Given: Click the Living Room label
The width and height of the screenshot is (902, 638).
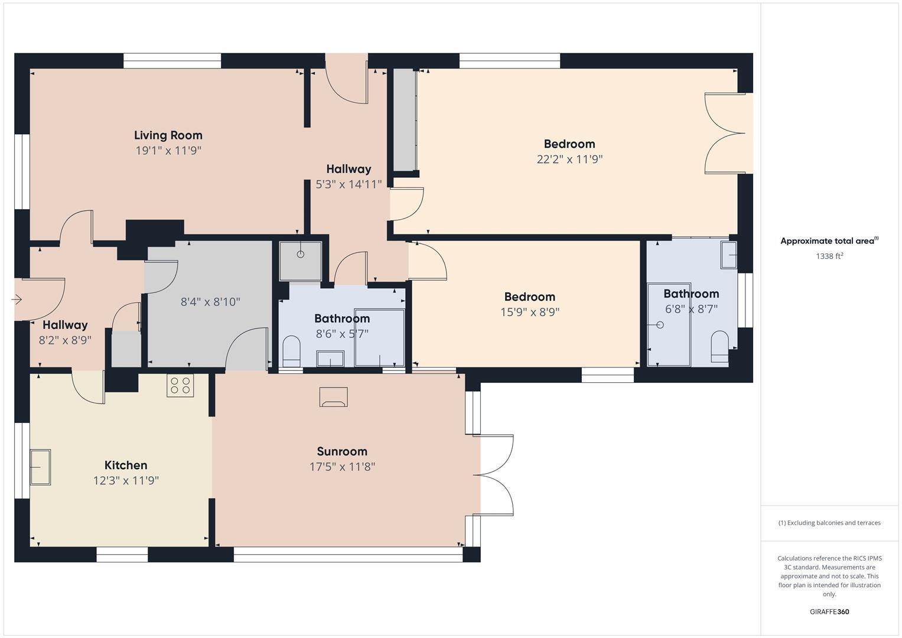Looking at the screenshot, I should click(x=168, y=135).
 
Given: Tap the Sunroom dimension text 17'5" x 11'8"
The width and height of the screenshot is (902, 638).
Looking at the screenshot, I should click(x=342, y=467).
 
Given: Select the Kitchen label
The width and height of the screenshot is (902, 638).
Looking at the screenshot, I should click(x=126, y=466).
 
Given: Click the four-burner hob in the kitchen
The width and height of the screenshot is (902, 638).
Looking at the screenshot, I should click(x=180, y=385).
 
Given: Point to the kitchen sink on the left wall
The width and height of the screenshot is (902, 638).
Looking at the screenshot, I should click(x=40, y=467).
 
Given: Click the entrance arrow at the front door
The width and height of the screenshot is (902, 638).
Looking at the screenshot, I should click(x=17, y=300).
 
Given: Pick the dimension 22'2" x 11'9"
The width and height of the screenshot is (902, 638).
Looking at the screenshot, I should click(x=569, y=159).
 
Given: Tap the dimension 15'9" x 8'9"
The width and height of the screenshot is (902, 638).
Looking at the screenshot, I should click(x=529, y=312).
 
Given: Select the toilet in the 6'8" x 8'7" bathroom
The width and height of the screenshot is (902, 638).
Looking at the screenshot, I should click(x=719, y=347).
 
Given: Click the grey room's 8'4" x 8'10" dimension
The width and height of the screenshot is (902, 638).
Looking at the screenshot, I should click(x=210, y=302).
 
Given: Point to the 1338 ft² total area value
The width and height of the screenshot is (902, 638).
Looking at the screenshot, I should click(x=829, y=256).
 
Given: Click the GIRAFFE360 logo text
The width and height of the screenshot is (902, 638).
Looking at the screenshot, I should click(x=829, y=612).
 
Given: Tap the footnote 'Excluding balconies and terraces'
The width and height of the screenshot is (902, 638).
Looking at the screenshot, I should click(x=829, y=523).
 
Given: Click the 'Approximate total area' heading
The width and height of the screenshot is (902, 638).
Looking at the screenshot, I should click(x=829, y=241).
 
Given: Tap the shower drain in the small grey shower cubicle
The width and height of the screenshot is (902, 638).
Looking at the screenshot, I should click(x=300, y=255).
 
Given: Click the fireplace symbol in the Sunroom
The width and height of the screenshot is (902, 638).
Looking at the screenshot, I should click(x=333, y=397).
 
